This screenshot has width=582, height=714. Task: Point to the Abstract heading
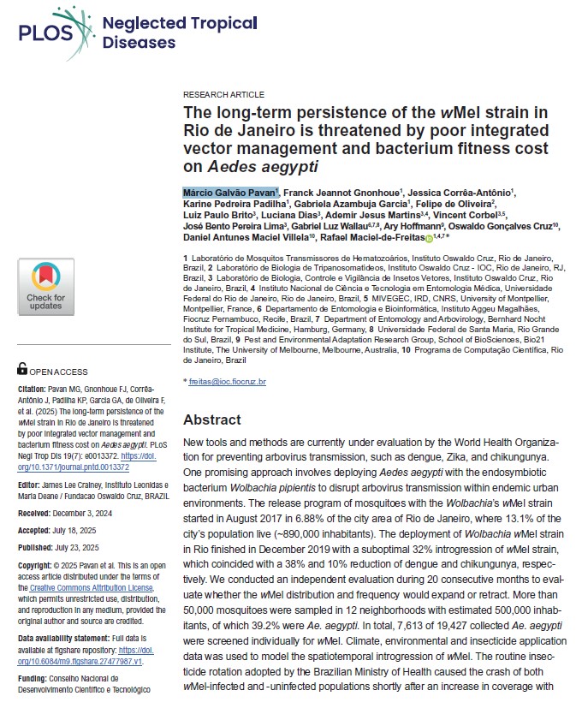click(212, 420)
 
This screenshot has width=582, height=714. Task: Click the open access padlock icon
click(22, 369)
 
